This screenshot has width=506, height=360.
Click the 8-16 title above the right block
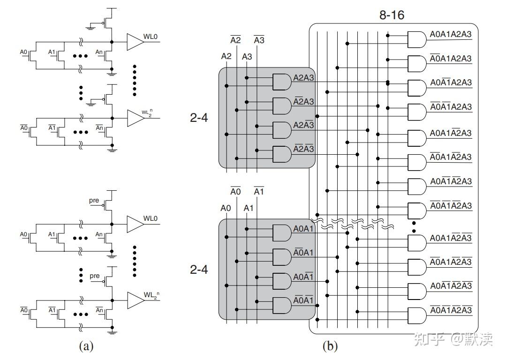(392, 15)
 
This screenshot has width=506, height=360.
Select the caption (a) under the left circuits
(86, 346)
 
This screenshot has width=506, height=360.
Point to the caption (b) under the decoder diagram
(330, 346)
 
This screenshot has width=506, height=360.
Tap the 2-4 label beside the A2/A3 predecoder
(199, 118)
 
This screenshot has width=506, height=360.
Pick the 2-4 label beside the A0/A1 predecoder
(199, 270)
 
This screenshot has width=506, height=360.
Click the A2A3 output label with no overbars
(303, 78)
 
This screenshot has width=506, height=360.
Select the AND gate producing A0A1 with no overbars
(282, 233)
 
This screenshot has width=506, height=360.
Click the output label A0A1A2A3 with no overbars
(451, 34)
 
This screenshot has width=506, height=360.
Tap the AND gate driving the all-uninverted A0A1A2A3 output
(417, 39)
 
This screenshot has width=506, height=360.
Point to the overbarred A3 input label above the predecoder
(259, 40)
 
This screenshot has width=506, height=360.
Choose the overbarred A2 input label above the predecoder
(235, 40)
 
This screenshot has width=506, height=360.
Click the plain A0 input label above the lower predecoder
(226, 208)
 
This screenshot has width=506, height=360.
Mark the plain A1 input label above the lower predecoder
(249, 208)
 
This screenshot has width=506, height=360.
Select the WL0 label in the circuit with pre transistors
(151, 218)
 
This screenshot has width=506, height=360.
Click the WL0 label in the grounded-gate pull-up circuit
(151, 37)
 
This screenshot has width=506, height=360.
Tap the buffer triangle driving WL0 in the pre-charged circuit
(135, 224)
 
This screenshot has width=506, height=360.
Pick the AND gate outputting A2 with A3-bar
(282, 130)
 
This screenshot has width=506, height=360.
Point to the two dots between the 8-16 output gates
(414, 227)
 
